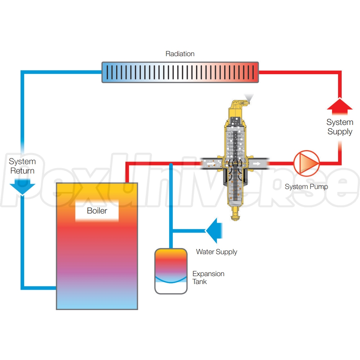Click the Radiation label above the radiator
click(x=180, y=54)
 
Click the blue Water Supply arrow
click(x=214, y=230)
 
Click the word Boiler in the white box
click(x=97, y=211)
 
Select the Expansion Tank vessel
click(x=171, y=270)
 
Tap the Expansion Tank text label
click(x=208, y=278)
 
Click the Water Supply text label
click(x=216, y=252)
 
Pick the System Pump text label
click(x=306, y=186)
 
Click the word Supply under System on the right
click(x=340, y=131)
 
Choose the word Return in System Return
click(x=22, y=171)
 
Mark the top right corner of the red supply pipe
click(x=339, y=72)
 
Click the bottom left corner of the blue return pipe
click(x=22, y=288)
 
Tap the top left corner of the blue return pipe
click(x=22, y=72)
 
